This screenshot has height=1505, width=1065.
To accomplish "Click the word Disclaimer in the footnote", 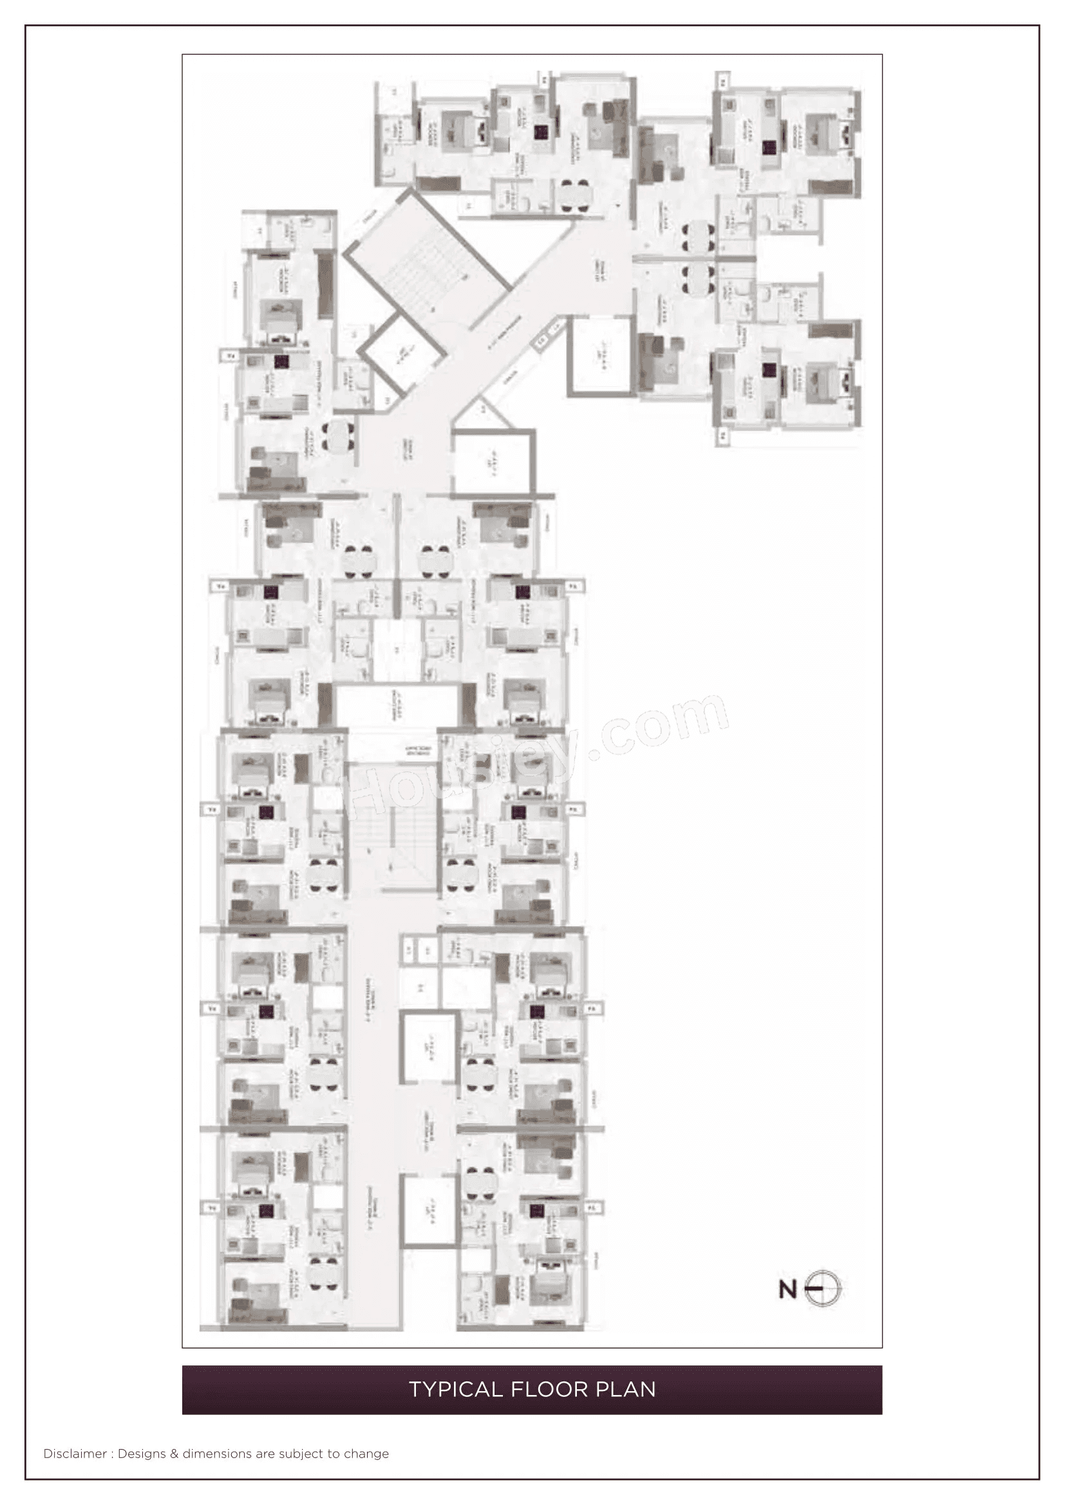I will pyautogui.click(x=75, y=1454).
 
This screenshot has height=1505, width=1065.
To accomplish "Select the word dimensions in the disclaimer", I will pyautogui.click(x=217, y=1454).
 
